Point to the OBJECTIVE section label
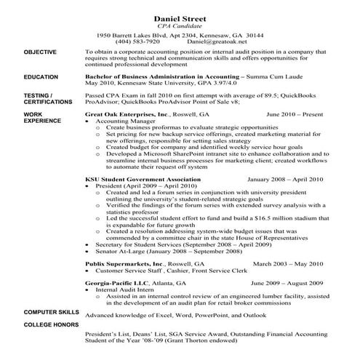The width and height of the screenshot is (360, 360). click(x=41, y=52)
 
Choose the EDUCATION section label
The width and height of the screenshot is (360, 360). click(x=41, y=76)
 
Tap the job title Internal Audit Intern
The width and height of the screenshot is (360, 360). click(x=124, y=289)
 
